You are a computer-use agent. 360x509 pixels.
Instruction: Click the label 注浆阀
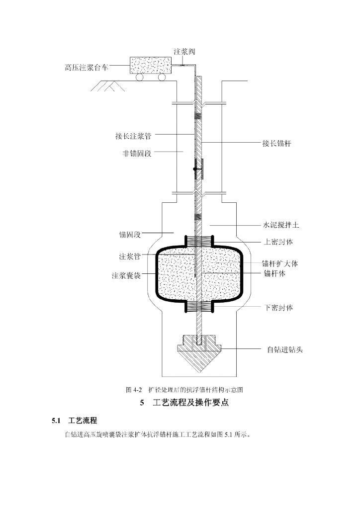click(x=184, y=52)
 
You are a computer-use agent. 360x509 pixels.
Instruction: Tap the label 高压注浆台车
click(x=87, y=67)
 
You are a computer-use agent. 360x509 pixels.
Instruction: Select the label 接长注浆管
click(x=130, y=135)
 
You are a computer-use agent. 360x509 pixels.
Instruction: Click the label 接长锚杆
click(x=276, y=144)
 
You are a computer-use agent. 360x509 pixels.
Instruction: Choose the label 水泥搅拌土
click(x=281, y=225)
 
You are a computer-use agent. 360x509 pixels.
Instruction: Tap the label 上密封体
click(x=278, y=242)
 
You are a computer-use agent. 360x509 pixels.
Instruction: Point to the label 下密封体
click(x=278, y=308)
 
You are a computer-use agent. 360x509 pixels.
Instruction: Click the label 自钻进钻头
click(x=282, y=349)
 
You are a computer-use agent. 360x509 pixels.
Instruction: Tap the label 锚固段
click(x=130, y=233)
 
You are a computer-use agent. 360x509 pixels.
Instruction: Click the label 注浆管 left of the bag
click(x=129, y=257)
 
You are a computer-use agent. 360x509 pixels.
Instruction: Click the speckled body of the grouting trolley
click(x=151, y=65)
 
